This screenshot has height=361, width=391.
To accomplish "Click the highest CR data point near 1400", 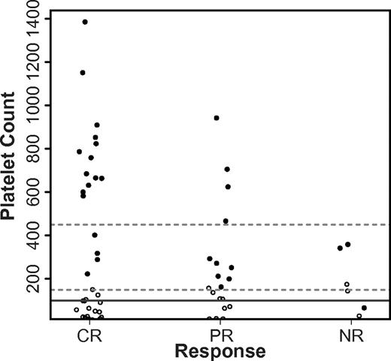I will pyautogui.click(x=85, y=22).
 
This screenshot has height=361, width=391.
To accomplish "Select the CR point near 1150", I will pyautogui.click(x=83, y=73).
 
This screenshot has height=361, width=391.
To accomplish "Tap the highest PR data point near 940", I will pyautogui.click(x=217, y=118).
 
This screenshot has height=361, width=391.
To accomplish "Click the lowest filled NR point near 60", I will pyautogui.click(x=365, y=308).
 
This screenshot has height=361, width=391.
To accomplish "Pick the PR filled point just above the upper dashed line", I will pyautogui.click(x=226, y=221).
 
